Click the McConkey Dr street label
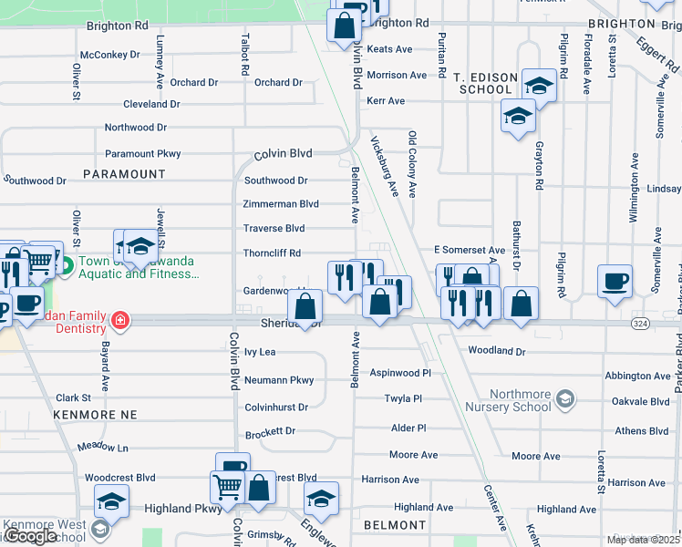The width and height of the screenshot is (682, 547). [109, 55]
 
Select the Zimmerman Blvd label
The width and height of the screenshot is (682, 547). [281, 204]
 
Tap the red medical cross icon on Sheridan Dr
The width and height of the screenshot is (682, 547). [120, 321]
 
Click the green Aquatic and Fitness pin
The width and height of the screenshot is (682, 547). [66, 267]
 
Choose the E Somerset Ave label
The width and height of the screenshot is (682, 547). [469, 250]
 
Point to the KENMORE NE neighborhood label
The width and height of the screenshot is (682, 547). [95, 415]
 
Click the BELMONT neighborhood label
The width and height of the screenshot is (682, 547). [395, 525]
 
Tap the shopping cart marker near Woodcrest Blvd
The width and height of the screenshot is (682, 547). [226, 486]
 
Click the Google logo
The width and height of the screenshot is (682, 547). [32, 536]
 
